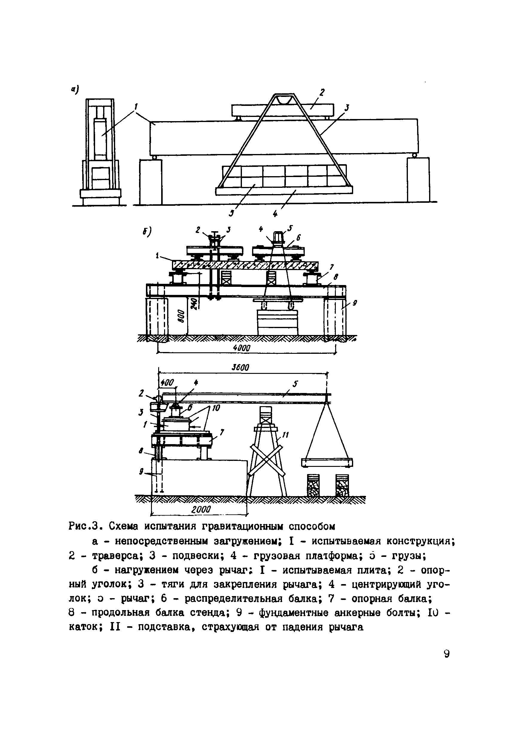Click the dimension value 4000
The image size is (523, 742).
pyautogui.click(x=242, y=348)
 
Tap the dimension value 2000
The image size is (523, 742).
pyautogui.click(x=201, y=510)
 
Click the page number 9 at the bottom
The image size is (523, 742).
pyautogui.click(x=446, y=654)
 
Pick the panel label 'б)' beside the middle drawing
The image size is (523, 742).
pyautogui.click(x=147, y=231)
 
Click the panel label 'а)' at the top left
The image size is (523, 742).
pyautogui.click(x=75, y=89)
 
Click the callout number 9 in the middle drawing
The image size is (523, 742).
pyautogui.click(x=355, y=303)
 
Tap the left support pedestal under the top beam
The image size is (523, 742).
pyautogui.click(x=151, y=182)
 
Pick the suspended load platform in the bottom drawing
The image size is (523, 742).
pyautogui.click(x=327, y=463)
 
